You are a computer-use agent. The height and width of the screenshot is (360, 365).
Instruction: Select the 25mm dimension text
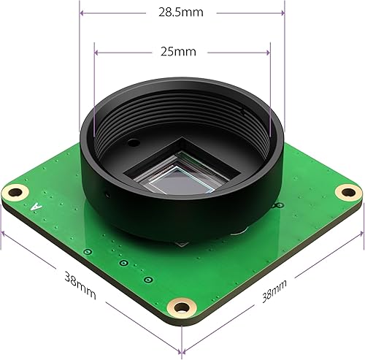point(181,52)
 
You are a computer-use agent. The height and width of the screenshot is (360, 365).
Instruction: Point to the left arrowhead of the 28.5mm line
point(82,12)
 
